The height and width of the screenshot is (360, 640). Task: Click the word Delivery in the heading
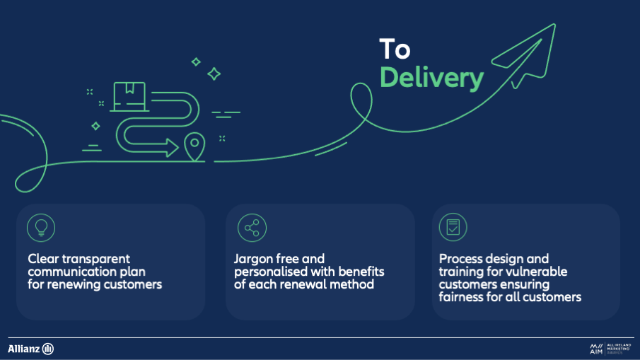[x=431, y=78]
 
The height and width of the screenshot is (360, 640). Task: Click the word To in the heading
[x=395, y=50]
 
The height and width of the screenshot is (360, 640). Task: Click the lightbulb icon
[x=41, y=226]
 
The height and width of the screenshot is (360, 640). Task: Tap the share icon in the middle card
[x=249, y=227]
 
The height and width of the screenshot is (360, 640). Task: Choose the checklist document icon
[x=453, y=227]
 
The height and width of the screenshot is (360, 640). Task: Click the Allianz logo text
[x=24, y=349]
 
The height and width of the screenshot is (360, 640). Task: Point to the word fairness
[x=463, y=297]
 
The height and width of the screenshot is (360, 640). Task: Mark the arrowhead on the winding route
[x=173, y=147]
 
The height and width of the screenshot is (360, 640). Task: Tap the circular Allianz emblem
[x=48, y=349]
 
